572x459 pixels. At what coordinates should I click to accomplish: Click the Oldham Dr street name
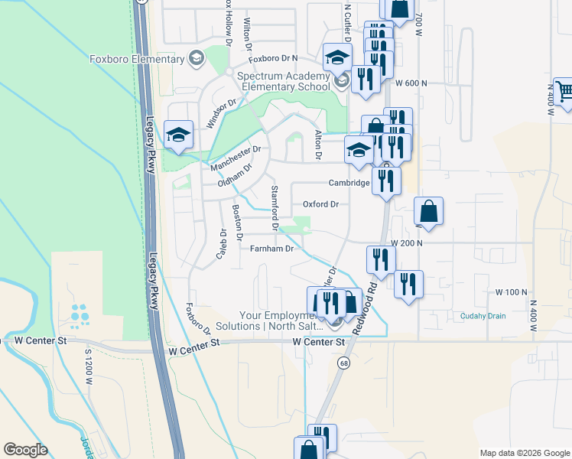coord(235,176)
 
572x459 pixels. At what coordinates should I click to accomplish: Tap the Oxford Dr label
coord(320,204)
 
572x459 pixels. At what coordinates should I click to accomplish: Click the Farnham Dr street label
coord(273,249)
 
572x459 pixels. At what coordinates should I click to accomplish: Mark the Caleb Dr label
coord(221,243)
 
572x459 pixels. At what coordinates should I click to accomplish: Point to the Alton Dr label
coord(318,145)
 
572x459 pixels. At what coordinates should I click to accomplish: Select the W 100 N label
coord(512,292)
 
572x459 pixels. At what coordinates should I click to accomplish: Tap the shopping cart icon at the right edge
coord(564,91)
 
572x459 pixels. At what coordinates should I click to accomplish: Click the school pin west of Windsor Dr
coord(177,135)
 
